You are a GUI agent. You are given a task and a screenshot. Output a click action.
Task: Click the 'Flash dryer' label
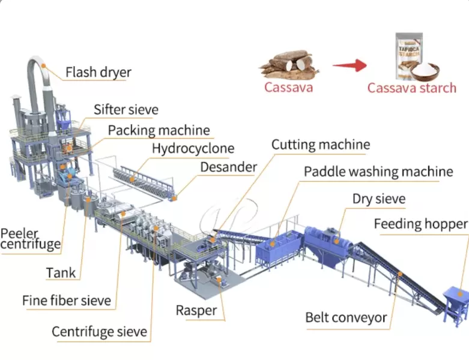[x=98, y=73]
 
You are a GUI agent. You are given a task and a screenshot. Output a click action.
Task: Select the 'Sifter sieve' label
[x=126, y=110]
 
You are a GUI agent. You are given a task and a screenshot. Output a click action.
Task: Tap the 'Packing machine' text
[x=159, y=130]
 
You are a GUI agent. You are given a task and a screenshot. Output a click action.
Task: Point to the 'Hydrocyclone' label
[x=193, y=148]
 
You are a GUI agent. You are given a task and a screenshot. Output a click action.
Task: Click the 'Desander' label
[x=229, y=167]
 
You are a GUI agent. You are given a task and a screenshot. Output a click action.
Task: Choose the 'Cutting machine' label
[x=321, y=145]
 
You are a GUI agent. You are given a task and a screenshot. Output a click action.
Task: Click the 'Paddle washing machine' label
[x=378, y=172]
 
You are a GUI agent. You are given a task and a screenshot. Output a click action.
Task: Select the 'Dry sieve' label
[x=379, y=199]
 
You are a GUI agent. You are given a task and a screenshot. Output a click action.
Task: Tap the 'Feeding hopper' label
[x=420, y=224]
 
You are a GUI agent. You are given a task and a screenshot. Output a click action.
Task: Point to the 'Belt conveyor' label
[x=346, y=317]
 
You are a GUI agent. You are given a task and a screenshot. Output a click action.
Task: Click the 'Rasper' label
[x=196, y=310]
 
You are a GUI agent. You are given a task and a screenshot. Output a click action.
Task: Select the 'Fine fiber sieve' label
[x=67, y=300]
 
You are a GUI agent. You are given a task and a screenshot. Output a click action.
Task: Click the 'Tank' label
[x=61, y=273]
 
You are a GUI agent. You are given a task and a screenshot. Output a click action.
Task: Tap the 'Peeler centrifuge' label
[x=30, y=238]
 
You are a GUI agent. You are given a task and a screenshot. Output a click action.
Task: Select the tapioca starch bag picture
[x=413, y=57]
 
